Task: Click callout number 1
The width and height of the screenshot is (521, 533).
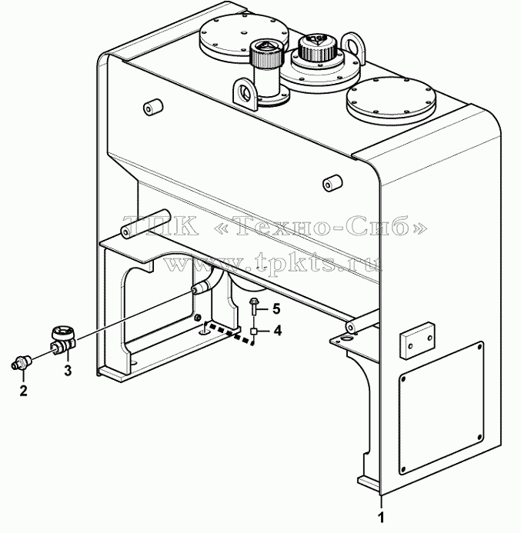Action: (x=381, y=518)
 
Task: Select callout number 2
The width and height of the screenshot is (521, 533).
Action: (x=23, y=391)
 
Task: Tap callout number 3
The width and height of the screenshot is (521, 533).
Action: (x=68, y=370)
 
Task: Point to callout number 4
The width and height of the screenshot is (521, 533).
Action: (x=278, y=330)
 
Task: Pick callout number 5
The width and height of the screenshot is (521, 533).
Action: (x=276, y=309)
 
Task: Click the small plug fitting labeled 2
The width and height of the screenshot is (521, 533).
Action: (x=21, y=362)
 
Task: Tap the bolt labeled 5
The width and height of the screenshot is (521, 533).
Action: (x=254, y=307)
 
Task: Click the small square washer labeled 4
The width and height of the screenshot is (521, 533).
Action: (x=254, y=331)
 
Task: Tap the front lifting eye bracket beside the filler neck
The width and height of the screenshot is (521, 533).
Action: (x=244, y=92)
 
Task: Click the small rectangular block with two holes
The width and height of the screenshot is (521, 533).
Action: (x=418, y=339)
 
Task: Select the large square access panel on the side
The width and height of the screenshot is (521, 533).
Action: (x=441, y=408)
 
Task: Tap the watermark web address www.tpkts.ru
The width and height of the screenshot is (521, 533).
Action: (x=272, y=261)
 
